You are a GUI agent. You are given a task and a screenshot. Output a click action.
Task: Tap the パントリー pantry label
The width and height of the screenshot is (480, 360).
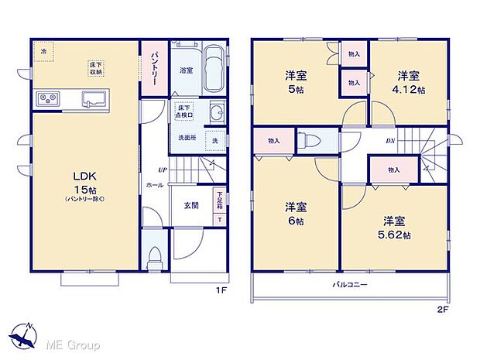coord(153,65)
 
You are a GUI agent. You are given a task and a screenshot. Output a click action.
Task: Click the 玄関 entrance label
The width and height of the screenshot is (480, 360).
coord(191,206)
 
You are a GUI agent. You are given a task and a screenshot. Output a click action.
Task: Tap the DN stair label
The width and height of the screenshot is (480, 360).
coord(390,140)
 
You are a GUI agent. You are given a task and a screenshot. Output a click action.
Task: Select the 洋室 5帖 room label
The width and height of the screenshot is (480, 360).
coord(294,81)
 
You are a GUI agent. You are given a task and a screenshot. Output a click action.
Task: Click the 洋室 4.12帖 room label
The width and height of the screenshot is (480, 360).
coord(408,81)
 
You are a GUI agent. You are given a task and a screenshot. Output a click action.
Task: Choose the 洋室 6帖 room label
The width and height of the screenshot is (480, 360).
coord(294,213)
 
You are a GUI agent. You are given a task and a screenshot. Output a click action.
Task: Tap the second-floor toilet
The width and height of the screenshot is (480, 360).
coord(314,141)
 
